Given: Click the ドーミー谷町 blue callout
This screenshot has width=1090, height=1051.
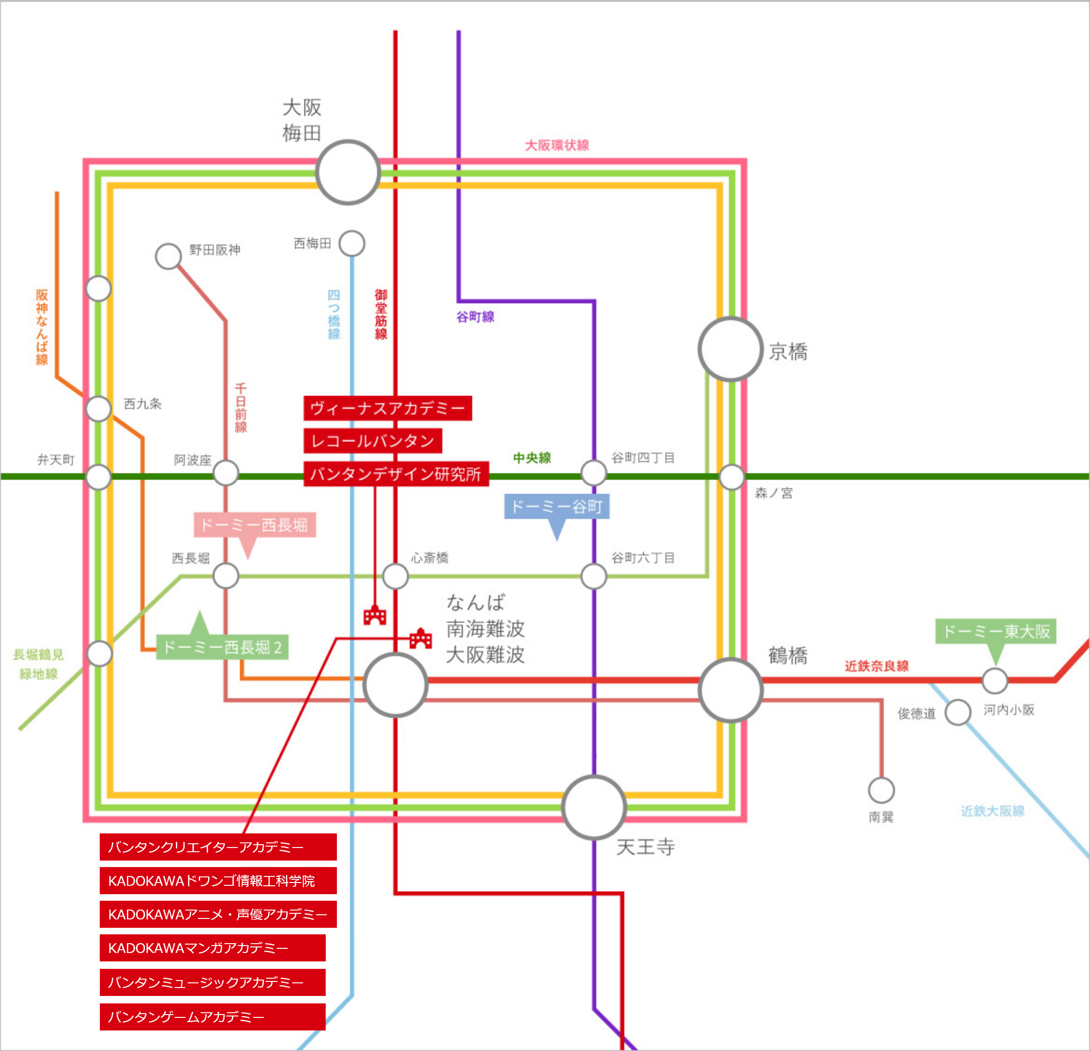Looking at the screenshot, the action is tap(557, 506).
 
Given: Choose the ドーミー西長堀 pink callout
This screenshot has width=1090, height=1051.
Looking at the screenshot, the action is tap(255, 525).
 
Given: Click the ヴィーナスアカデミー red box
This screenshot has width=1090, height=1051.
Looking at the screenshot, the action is tap(388, 408).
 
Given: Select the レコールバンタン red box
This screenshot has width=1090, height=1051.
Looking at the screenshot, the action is tap(373, 441).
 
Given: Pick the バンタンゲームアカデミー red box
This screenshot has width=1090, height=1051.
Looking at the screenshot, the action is tap(212, 1016).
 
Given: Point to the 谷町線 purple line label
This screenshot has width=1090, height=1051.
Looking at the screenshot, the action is tap(475, 317).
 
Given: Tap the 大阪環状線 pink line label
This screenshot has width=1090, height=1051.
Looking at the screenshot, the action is tap(557, 145).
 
